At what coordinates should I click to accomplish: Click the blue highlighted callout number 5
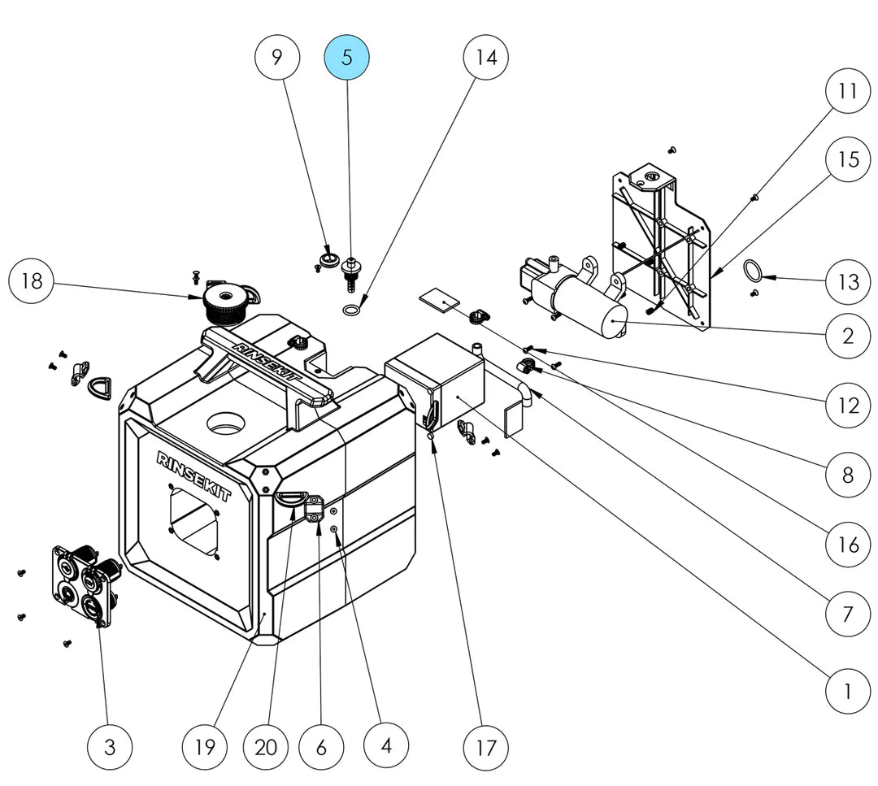click(346, 57)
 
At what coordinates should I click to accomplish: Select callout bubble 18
click(32, 280)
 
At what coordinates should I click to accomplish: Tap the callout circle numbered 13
click(848, 281)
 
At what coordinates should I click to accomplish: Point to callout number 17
click(485, 747)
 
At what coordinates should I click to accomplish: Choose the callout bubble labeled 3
click(110, 747)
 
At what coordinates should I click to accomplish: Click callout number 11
click(848, 91)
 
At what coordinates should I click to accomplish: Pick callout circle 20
click(266, 747)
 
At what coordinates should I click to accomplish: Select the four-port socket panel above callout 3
click(87, 584)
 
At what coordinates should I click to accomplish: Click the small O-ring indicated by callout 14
click(351, 310)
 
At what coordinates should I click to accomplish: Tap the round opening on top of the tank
click(226, 422)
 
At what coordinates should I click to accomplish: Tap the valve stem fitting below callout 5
click(350, 272)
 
